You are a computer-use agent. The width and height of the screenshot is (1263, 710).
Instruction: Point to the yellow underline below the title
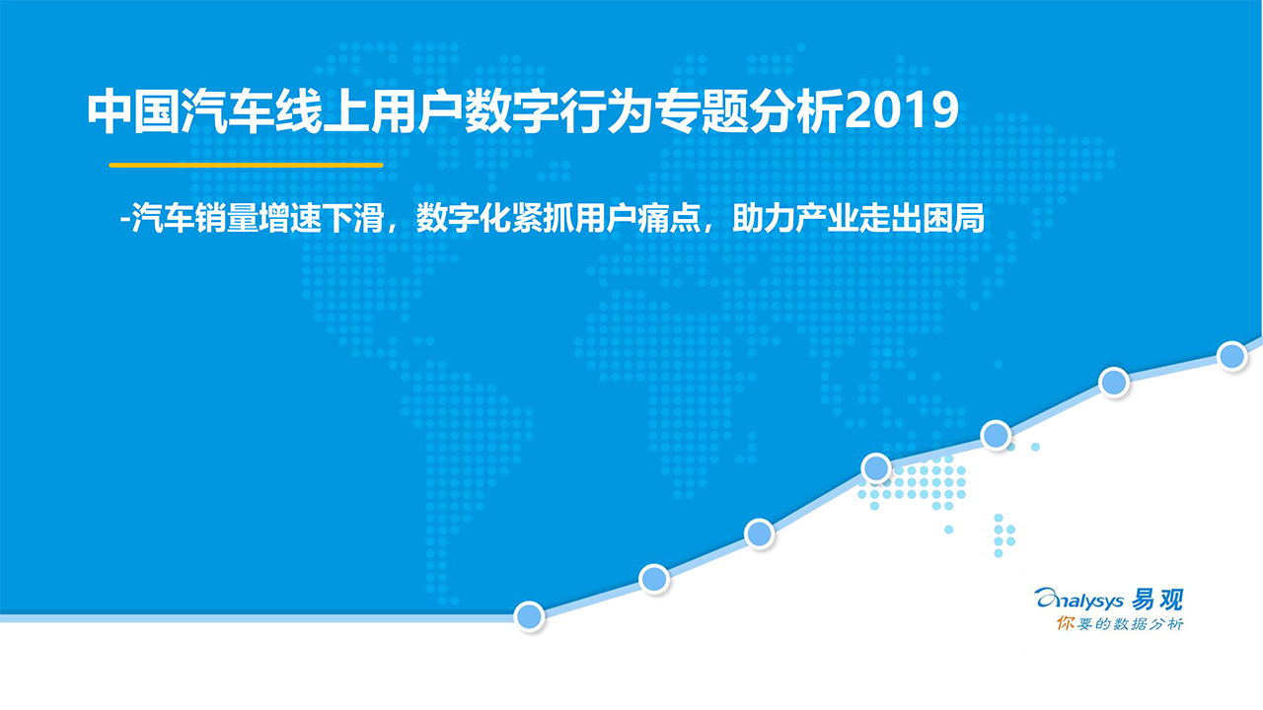click(246, 165)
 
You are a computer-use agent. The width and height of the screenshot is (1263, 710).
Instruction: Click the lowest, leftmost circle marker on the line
click(530, 615)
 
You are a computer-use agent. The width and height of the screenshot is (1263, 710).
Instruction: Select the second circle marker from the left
click(654, 579)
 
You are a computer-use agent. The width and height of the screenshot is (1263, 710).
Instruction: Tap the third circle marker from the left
click(759, 533)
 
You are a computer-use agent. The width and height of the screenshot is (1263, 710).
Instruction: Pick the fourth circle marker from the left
click(876, 467)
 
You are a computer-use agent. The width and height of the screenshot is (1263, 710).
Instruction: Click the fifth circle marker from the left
click(996, 435)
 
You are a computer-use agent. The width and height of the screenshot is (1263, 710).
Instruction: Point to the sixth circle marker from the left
click(1114, 383)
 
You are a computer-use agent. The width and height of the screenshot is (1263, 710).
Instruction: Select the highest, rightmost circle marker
click(1231, 355)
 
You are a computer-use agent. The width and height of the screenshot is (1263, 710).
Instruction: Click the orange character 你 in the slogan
click(1064, 624)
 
